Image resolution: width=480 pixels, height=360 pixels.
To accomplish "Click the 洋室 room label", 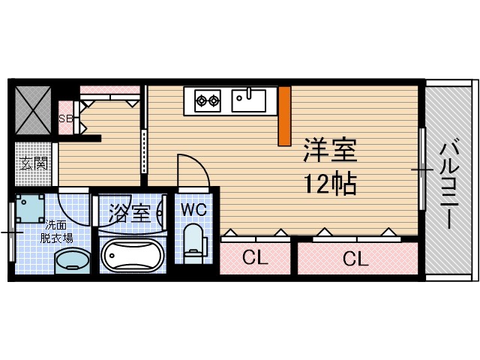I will click(x=330, y=150).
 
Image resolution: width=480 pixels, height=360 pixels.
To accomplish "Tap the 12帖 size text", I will click(x=330, y=184).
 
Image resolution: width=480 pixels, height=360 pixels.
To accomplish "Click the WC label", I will click(x=193, y=208).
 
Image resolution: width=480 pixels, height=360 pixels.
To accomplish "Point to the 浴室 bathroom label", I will click(x=129, y=212).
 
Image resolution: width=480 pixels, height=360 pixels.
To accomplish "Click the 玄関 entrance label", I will click(x=34, y=163).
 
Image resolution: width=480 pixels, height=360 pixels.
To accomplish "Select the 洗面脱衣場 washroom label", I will click(x=58, y=232).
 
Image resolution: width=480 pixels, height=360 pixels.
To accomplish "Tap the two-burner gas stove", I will click(x=207, y=99).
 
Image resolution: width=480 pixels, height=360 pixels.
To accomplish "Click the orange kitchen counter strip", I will click(x=284, y=116).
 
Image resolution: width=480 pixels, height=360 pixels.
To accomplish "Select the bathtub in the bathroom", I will click(x=131, y=257).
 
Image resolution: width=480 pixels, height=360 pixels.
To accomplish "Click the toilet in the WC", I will click(x=194, y=241).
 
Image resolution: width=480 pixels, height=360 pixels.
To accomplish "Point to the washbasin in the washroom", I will click(x=71, y=261).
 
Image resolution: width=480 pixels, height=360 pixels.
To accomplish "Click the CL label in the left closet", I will click(x=255, y=259).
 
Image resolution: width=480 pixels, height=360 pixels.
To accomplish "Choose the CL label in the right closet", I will click(x=356, y=259).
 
